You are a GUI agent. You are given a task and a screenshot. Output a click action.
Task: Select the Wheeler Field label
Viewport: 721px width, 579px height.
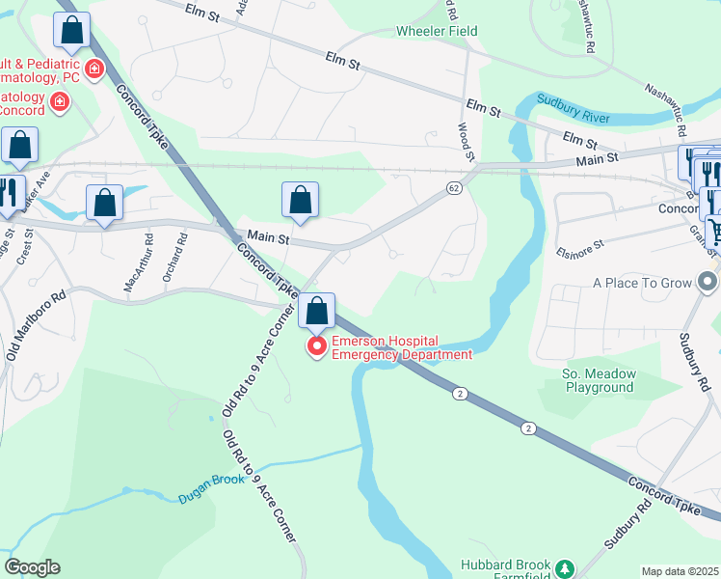click(437, 31)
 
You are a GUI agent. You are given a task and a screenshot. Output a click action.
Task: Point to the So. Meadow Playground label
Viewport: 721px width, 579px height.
click(598, 380)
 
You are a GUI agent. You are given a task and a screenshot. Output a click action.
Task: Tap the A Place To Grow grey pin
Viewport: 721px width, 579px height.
click(708, 283)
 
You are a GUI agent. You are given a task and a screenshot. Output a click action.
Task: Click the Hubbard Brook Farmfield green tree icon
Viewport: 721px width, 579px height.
click(567, 565)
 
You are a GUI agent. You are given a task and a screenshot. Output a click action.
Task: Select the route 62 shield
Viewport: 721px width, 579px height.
click(453, 189)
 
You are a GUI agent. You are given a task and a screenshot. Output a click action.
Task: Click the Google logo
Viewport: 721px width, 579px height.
click(32, 567)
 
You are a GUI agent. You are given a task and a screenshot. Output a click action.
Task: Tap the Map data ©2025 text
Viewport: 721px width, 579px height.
click(680, 571)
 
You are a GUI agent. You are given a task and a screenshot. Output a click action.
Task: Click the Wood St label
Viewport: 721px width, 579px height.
click(467, 141)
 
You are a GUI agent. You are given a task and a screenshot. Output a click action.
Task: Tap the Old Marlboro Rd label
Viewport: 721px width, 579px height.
click(35, 324)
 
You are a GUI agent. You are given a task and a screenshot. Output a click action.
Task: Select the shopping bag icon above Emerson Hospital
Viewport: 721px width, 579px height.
click(316, 311)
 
